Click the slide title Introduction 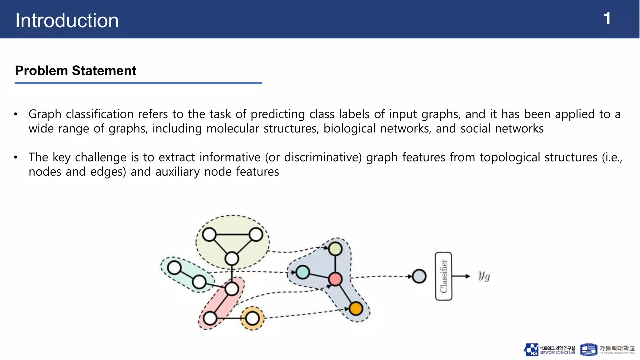pyautogui.click(x=67, y=21)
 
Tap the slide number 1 pyautogui.click(x=607, y=19)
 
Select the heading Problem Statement pyautogui.click(x=75, y=71)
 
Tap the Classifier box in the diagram pyautogui.click(x=443, y=276)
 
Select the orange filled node pyautogui.click(x=356, y=309)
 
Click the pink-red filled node pyautogui.click(x=335, y=279)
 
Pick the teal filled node pyautogui.click(x=302, y=272)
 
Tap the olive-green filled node pyautogui.click(x=335, y=249)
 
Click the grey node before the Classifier pyautogui.click(x=419, y=276)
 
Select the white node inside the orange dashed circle pyautogui.click(x=252, y=318)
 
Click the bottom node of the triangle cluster pyautogui.click(x=232, y=258)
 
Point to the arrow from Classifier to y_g pyautogui.click(x=461, y=276)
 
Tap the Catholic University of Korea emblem pyautogui.click(x=588, y=350)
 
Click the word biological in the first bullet pyautogui.click(x=349, y=129)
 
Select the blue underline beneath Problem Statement pyautogui.click(x=138, y=83)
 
